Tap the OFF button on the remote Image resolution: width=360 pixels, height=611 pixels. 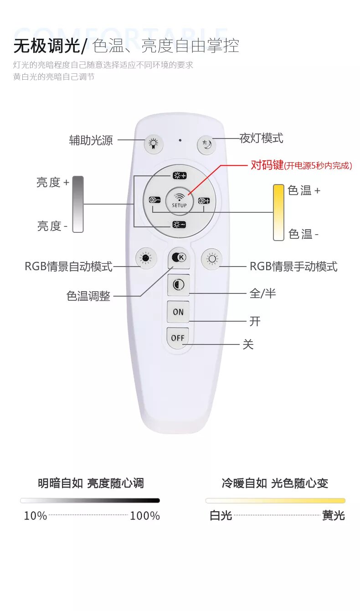[178, 338]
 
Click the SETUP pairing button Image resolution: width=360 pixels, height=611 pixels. [179, 201]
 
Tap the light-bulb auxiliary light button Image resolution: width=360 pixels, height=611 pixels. [154, 144]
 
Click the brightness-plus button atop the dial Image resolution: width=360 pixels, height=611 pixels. [180, 175]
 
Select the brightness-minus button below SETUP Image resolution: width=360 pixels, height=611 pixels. [179, 225]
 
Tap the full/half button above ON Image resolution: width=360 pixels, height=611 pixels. [178, 285]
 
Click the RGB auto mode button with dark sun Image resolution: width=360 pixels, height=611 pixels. [146, 258]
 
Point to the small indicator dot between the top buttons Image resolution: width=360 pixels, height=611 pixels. [180, 140]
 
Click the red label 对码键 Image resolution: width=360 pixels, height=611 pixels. [267, 165]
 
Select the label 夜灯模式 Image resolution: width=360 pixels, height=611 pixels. [261, 139]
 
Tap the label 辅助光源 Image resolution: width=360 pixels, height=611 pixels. [91, 140]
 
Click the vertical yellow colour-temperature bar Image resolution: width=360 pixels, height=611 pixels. [278, 212]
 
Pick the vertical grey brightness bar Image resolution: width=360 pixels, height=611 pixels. [78, 204]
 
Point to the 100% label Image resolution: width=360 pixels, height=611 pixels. [144, 516]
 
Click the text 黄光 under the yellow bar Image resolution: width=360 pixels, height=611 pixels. [333, 515]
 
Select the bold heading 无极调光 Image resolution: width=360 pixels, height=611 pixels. [46, 46]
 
